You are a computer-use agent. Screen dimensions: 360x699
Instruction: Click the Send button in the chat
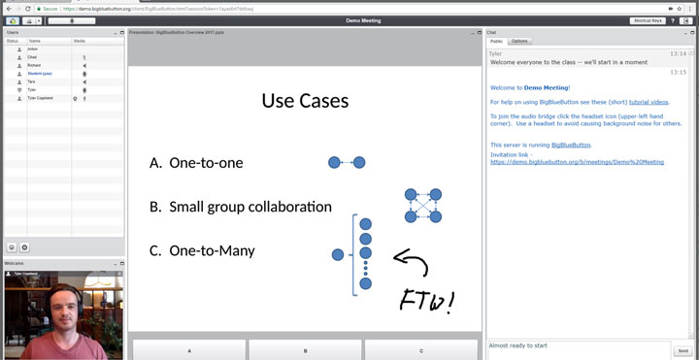click(x=682, y=350)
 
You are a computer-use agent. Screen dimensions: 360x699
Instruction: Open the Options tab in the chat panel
click(x=520, y=42)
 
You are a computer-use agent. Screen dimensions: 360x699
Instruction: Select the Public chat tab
click(x=496, y=42)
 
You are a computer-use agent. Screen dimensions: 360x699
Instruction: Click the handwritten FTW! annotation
click(x=426, y=300)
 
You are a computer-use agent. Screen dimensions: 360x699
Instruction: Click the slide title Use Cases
click(x=305, y=100)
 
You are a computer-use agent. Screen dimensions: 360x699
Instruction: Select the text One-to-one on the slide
click(x=206, y=163)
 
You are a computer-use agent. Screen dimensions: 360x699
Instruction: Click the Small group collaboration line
click(x=250, y=207)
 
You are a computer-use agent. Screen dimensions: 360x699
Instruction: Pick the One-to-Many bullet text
click(x=212, y=250)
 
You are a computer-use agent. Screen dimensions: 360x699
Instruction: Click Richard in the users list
click(x=34, y=65)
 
